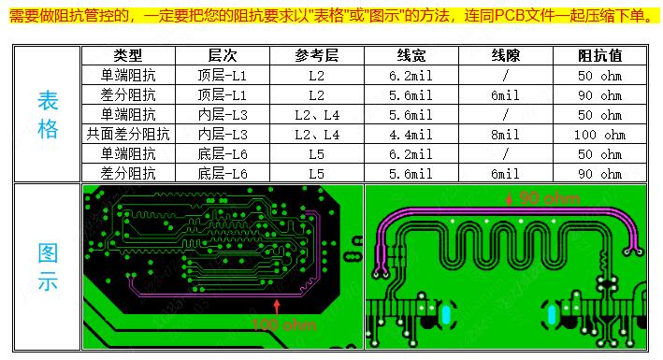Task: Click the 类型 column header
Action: coord(126,56)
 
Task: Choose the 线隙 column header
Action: coord(505,56)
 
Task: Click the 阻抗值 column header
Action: coord(599,56)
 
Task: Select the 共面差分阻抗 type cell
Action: coord(127,135)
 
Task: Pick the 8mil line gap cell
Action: coord(505,135)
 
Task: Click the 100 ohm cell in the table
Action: coord(599,135)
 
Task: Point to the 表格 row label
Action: coord(47,114)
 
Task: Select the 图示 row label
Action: coord(47,267)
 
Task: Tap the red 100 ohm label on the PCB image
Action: coord(285,324)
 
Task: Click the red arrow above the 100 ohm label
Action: coord(277,306)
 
